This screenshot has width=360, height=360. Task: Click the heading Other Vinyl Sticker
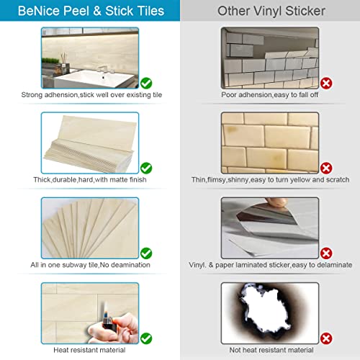(270, 11)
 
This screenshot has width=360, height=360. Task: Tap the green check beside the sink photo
(147, 84)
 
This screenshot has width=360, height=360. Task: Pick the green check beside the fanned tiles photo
(147, 253)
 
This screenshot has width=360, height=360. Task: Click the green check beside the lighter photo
(147, 337)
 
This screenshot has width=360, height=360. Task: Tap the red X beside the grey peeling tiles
(326, 84)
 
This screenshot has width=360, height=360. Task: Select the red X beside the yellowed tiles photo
(326, 168)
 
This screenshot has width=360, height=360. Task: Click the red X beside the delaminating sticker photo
(326, 253)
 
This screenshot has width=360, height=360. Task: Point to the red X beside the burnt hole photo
(326, 337)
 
